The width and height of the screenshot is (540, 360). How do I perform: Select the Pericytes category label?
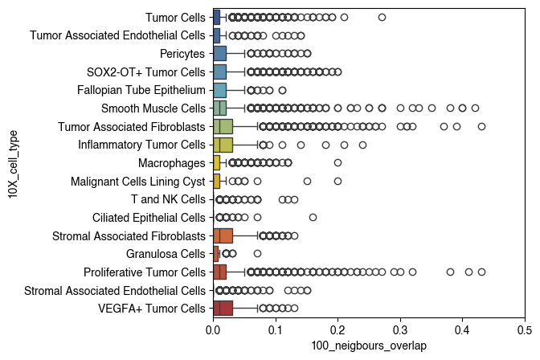pos(182,53)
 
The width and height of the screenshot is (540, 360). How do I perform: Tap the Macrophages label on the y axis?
pos(171,162)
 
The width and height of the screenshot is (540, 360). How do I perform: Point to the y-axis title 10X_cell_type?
pos(14,162)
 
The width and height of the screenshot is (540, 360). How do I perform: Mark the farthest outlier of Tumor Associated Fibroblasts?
pos(481,126)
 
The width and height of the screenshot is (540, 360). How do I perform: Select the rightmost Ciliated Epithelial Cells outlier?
pos(313,217)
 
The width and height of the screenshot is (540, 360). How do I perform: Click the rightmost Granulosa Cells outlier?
pos(257,254)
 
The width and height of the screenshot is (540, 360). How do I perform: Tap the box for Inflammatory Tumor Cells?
pos(223,145)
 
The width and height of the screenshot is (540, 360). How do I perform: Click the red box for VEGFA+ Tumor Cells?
pos(223,309)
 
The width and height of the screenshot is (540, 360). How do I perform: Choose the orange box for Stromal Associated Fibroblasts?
pos(223,235)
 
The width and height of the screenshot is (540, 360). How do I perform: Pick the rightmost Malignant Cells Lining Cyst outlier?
pos(337,181)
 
